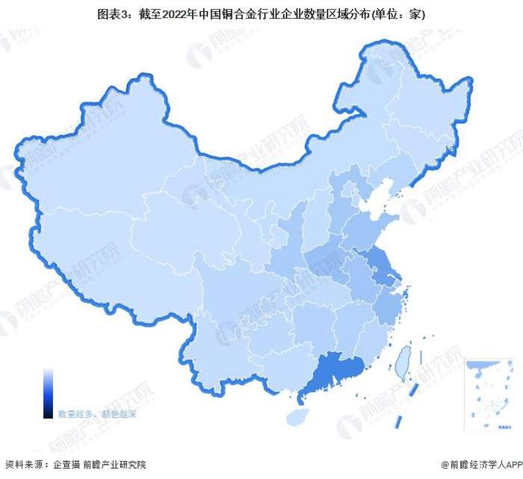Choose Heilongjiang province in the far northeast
(x=426, y=112)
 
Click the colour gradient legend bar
(x=48, y=392)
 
